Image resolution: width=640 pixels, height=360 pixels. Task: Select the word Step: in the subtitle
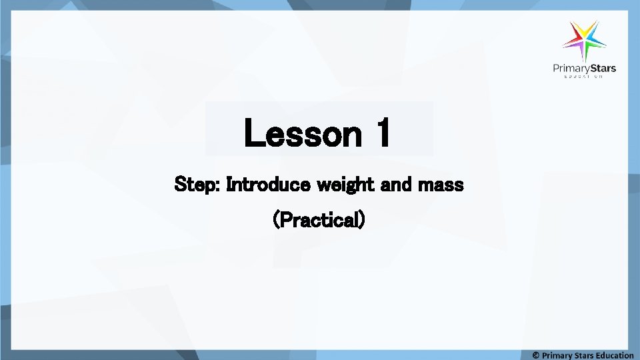point(197,184)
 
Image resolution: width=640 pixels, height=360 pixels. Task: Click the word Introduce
point(268,184)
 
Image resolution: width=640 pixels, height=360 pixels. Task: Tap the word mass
point(441,185)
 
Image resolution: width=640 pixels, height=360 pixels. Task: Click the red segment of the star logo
point(573,41)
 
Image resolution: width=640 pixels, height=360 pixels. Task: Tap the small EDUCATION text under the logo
point(585,77)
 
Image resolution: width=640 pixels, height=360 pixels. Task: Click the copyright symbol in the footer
point(536,355)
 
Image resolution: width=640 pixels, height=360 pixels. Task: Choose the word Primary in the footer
point(557,355)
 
